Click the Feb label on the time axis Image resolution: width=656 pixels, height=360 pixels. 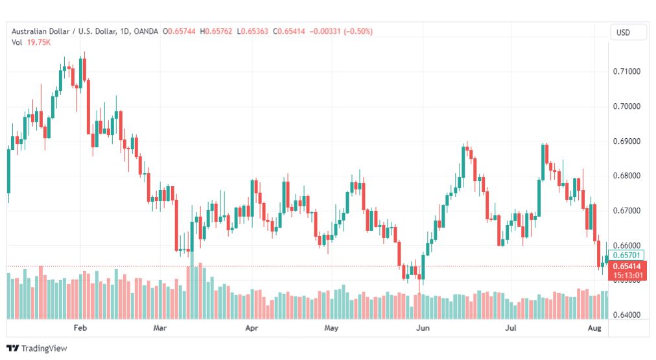(x=80, y=328)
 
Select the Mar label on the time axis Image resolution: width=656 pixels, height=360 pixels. (x=160, y=328)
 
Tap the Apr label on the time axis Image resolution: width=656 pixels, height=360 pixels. (x=252, y=328)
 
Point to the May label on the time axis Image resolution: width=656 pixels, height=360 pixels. (x=331, y=328)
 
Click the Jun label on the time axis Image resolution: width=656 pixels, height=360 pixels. (x=422, y=328)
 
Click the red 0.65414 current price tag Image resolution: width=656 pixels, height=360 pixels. (x=627, y=266)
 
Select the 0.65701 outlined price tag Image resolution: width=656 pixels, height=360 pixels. (x=627, y=255)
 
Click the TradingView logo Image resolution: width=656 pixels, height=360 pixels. (x=37, y=348)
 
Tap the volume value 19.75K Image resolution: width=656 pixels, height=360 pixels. (x=38, y=42)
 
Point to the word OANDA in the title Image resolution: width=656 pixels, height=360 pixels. (x=146, y=31)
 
